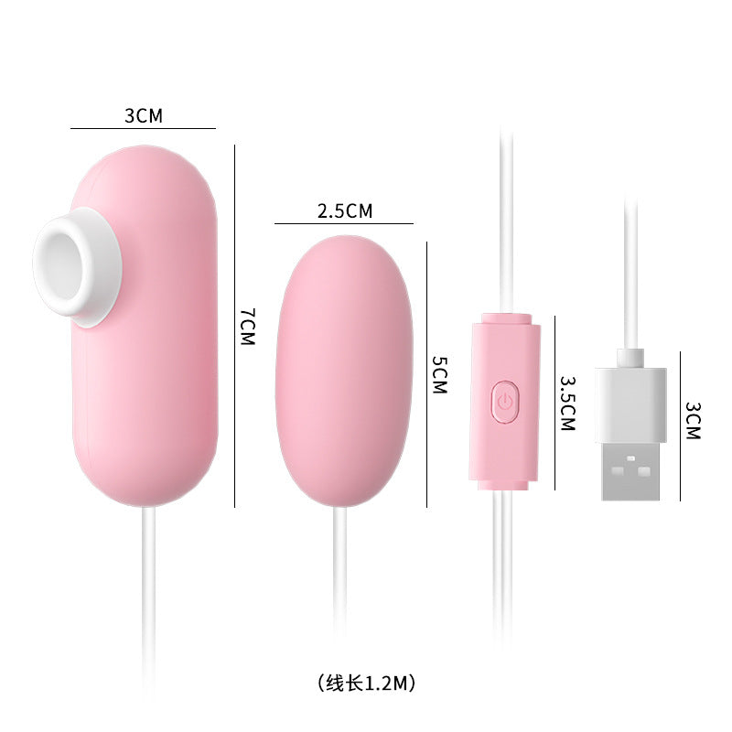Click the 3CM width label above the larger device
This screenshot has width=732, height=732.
coord(143,115)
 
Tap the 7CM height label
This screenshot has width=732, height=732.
coord(247,326)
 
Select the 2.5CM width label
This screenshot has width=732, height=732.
coord(345,210)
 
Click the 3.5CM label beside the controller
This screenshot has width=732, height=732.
coord(566,402)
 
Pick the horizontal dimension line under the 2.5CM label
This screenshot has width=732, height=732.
coord(344,223)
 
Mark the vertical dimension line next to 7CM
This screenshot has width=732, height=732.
coord(236,326)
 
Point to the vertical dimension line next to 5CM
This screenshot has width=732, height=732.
coord(427,374)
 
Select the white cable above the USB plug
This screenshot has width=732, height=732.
coord(630,274)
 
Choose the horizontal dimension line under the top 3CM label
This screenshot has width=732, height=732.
coord(143,128)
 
